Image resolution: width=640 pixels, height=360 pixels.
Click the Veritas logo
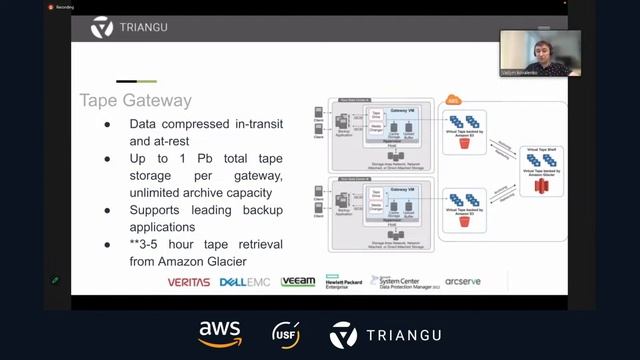189,283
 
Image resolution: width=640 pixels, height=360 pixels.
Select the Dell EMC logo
245,283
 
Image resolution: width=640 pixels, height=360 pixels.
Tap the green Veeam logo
298,282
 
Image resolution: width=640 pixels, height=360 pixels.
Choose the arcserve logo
463,282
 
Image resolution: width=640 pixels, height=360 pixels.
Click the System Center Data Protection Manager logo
404,282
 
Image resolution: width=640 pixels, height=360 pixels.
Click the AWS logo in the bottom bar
219,333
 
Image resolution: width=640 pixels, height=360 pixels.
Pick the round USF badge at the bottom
286,334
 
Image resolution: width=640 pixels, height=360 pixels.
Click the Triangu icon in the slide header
101,27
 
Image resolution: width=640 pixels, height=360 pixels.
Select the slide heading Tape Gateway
135,101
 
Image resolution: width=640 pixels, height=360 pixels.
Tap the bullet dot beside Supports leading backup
108,211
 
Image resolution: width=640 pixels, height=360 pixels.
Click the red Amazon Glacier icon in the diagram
542,186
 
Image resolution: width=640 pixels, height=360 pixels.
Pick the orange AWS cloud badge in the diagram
453,100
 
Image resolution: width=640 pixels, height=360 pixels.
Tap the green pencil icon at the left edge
55,280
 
